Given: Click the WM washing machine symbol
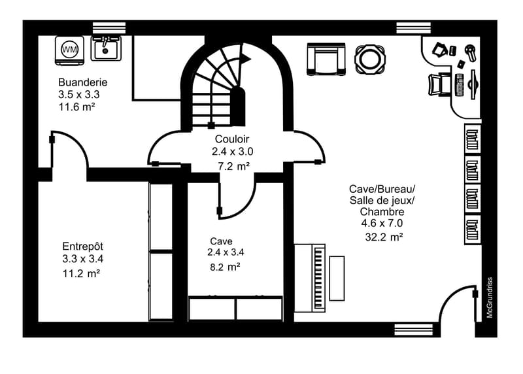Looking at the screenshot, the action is (69, 50).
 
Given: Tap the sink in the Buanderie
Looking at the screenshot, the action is (106, 48).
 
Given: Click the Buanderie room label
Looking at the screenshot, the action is (83, 82).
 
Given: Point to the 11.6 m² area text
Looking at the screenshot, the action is (77, 107).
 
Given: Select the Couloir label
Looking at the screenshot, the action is (232, 139).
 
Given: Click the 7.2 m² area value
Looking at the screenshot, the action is (234, 166).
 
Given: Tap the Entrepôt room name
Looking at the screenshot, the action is (83, 246).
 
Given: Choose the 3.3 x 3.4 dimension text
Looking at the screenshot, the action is (83, 259).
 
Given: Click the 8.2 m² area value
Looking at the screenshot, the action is (225, 267).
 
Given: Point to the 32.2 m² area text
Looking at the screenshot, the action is (384, 237).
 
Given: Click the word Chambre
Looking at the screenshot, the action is (382, 212).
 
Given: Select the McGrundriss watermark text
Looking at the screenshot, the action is (490, 297).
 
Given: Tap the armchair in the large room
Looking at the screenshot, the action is (326, 59).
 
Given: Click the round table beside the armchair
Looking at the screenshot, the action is (370, 59).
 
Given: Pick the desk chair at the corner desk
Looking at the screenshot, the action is (439, 84).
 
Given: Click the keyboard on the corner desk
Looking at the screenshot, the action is (459, 85).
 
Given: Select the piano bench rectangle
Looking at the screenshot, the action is (337, 279).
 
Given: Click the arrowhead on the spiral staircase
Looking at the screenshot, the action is (246, 58).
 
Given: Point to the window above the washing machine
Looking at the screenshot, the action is (109, 28).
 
